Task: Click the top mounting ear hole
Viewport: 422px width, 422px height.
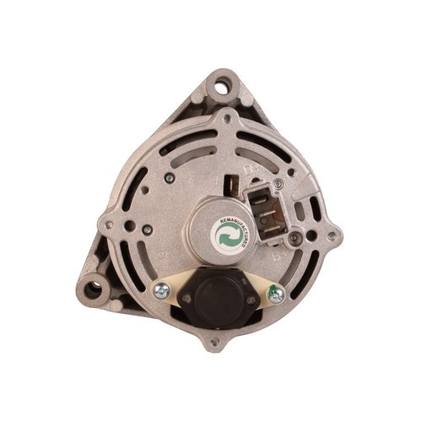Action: click(222, 84)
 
